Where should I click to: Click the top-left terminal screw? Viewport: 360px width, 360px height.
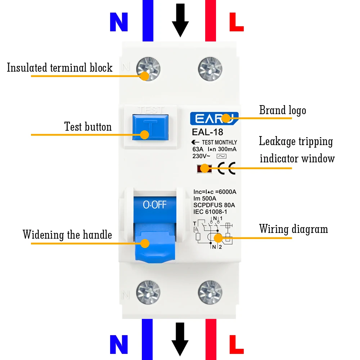(148, 68)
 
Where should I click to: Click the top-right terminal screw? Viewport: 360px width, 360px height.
(210, 68)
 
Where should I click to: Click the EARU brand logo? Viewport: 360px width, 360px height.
(214, 118)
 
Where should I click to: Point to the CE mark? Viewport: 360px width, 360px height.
(227, 168)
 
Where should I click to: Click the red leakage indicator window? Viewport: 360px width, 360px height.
(203, 168)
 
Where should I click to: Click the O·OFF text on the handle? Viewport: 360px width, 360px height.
(154, 205)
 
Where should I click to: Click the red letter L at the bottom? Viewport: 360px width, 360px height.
(237, 345)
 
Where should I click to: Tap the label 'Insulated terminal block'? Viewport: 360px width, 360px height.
(60, 68)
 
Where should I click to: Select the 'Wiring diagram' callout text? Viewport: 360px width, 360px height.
(293, 229)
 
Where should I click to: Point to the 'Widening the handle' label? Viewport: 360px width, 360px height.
(67, 235)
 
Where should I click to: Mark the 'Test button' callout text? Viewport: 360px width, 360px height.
(88, 127)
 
